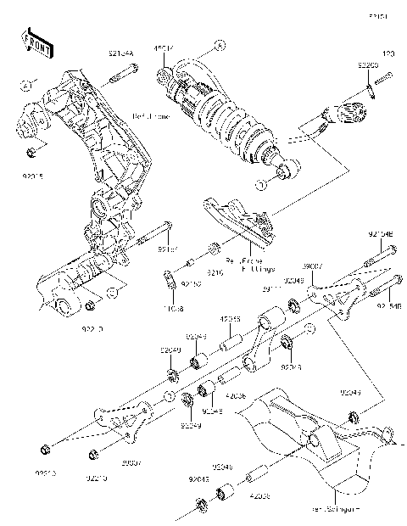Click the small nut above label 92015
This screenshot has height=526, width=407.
pyautogui.click(x=31, y=154)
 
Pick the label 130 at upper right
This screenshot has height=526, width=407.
pyautogui.click(x=389, y=54)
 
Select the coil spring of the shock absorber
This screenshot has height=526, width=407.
pyautogui.click(x=229, y=118)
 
